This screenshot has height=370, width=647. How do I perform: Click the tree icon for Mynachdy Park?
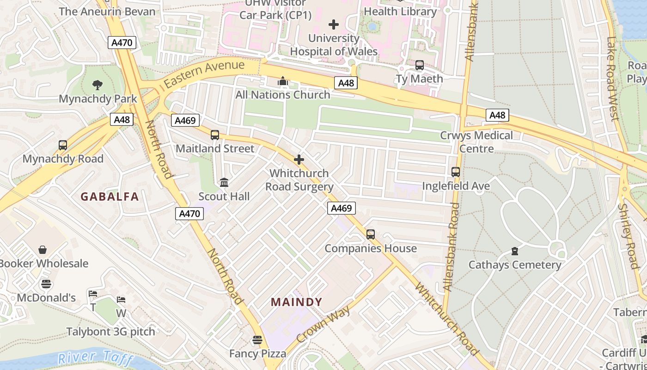(x=97, y=85)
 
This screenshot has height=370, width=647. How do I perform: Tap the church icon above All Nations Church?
(x=283, y=81)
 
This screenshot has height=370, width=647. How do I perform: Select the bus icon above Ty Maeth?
(x=420, y=65)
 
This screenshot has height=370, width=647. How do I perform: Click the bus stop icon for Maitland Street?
(x=215, y=135)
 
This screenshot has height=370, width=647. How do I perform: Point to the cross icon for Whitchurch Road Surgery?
(x=299, y=160)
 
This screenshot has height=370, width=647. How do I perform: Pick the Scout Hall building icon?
(x=224, y=183)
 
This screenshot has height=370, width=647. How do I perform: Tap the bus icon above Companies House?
(x=371, y=234)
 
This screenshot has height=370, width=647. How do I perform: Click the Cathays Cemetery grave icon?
(x=515, y=251)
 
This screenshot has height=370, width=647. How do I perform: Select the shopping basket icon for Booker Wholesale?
(x=43, y=250)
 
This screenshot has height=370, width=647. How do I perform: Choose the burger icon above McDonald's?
(x=46, y=284)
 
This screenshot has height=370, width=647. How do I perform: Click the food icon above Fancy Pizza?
(x=257, y=340)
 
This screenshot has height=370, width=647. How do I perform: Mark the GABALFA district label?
(x=110, y=197)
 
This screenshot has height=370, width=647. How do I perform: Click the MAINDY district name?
(x=296, y=302)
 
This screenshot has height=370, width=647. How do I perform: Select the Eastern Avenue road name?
(x=204, y=74)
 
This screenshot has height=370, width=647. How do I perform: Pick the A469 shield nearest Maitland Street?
(x=185, y=121)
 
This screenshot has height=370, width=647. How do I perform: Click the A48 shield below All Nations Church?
(x=346, y=83)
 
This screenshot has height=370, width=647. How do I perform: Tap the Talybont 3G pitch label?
(x=111, y=332)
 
